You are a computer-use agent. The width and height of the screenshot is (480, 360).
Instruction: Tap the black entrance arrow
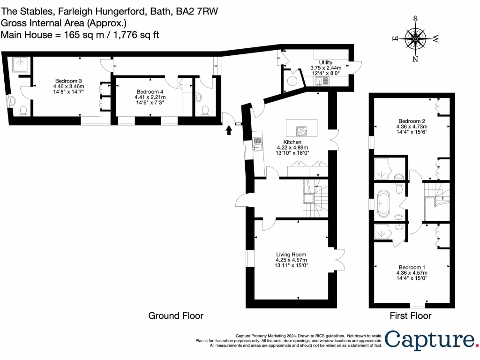[229, 129]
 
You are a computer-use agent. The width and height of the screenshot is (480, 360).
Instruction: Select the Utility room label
[325, 62]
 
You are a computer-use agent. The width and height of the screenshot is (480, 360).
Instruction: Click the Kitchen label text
[292, 142]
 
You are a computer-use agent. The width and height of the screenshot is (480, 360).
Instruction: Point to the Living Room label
[291, 255]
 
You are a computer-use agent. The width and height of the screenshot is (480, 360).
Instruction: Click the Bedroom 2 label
[412, 120]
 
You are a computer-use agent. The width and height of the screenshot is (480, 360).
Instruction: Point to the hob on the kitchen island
[301, 130]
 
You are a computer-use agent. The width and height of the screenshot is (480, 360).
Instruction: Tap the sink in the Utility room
[322, 82]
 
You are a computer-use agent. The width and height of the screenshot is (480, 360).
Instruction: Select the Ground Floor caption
[176, 315]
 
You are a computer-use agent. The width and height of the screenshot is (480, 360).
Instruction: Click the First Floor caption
[411, 315]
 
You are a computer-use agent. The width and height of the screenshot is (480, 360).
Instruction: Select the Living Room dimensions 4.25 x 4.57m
[291, 260]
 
